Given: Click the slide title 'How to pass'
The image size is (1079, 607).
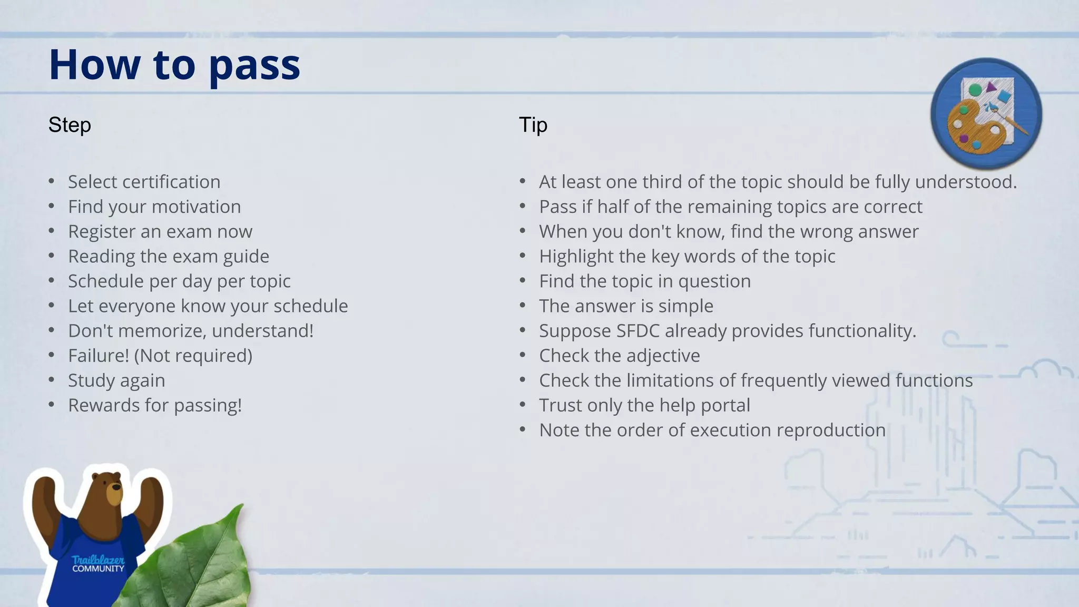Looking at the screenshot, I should pos(174,65).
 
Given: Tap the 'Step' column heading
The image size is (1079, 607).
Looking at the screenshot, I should pos(70,125).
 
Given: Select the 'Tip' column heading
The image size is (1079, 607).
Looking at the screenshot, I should pos(533,125).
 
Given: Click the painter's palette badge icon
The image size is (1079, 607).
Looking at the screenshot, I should pos(986,113).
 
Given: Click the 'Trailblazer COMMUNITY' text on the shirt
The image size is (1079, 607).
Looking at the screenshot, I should pos(98,564).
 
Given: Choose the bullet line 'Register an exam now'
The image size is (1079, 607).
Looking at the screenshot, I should pos(160,231).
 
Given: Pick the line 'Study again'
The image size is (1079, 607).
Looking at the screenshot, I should pos(116,380).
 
